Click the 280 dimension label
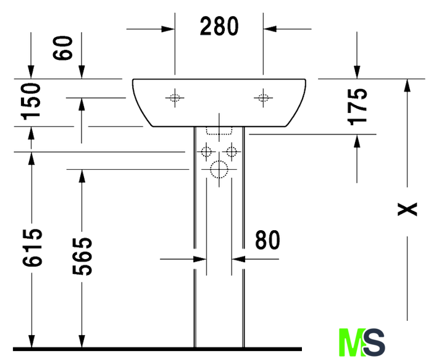click(x=219, y=26)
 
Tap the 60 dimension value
click(x=63, y=48)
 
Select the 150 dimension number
click(x=31, y=101)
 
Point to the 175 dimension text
click(x=357, y=107)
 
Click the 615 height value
click(x=32, y=247)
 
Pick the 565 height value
click(x=82, y=256)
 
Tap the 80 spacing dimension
click(x=267, y=240)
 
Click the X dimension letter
click(x=408, y=209)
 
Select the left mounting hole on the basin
click(x=175, y=98)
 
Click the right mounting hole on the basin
click(x=263, y=98)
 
